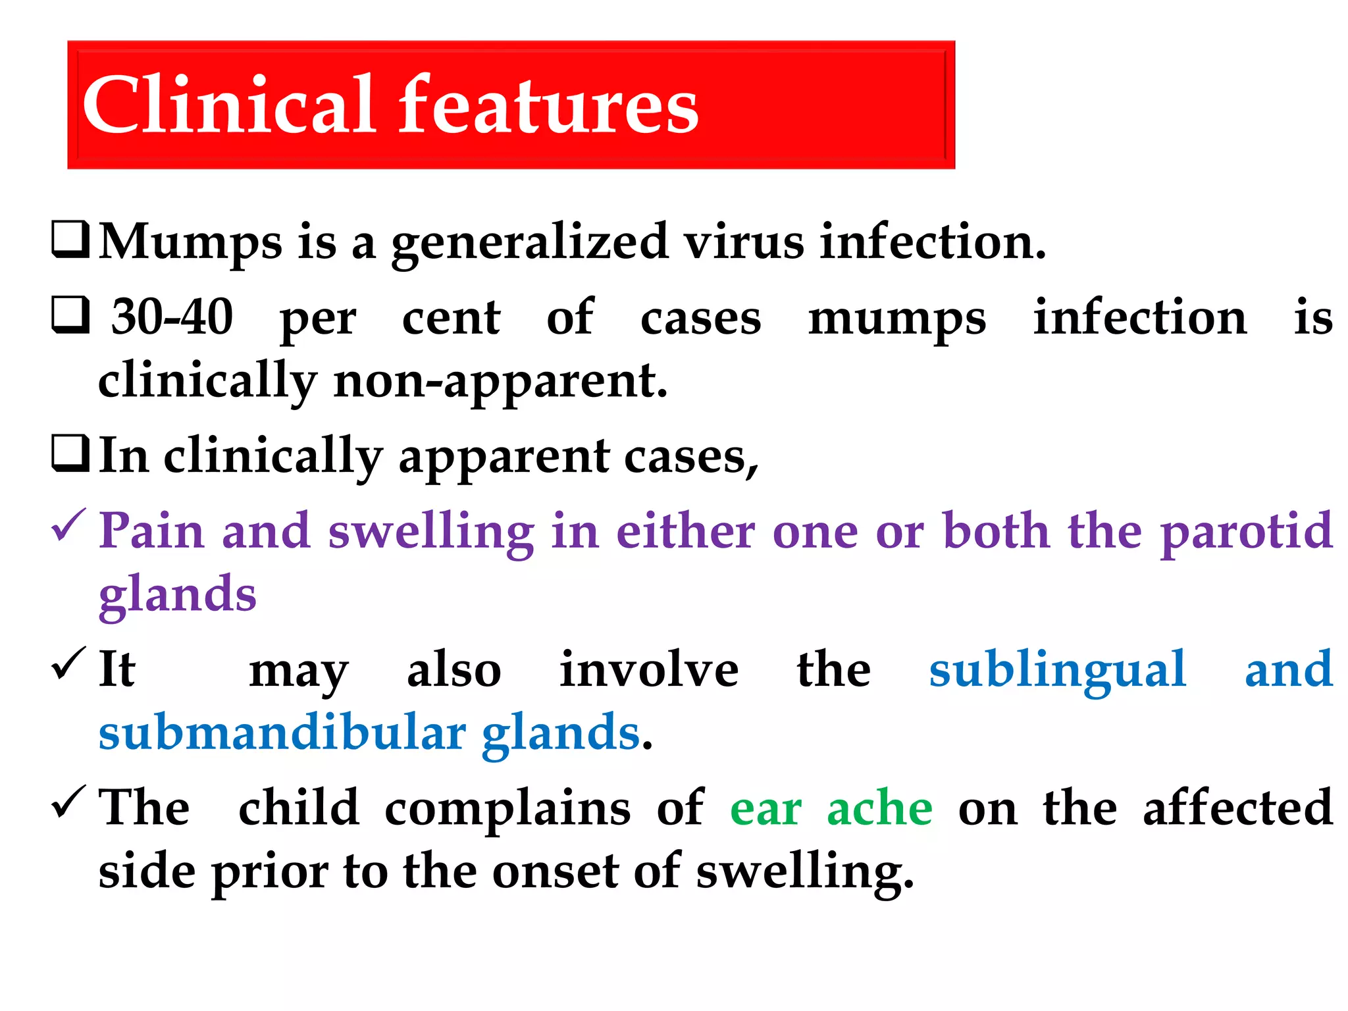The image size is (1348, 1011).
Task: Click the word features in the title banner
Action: click(550, 105)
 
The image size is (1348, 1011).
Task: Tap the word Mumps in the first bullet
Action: click(191, 242)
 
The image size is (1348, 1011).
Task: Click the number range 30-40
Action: click(172, 317)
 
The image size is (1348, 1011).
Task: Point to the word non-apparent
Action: click(500, 382)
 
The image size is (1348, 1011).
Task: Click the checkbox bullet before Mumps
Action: click(70, 240)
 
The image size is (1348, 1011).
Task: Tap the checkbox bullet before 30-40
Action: click(70, 315)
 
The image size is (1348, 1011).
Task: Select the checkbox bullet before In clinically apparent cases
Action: click(70, 454)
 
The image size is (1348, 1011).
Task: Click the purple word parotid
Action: click(1247, 532)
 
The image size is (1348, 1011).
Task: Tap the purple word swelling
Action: click(431, 532)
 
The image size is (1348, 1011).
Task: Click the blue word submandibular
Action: click(282, 733)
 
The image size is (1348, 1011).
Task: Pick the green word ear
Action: click(765, 809)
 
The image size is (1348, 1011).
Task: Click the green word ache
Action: click(879, 808)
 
